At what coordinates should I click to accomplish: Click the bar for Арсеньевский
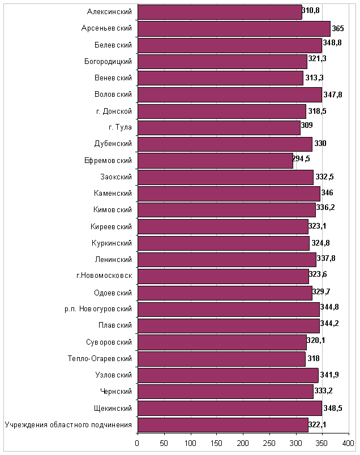234,29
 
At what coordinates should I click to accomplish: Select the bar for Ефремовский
216,161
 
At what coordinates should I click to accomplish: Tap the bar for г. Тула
219,128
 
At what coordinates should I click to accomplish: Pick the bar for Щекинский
230,408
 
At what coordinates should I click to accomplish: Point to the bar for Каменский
229,194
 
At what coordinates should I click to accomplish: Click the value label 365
338,28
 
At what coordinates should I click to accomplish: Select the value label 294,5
301,158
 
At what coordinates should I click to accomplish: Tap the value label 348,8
332,42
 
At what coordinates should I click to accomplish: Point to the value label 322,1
317,425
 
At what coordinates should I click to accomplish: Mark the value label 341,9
329,375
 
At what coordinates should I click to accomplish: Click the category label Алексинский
109,12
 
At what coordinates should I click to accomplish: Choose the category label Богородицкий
108,62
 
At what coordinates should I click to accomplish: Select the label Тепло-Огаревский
100,359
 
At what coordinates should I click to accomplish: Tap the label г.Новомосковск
104,276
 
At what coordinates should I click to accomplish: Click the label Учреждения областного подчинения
68,425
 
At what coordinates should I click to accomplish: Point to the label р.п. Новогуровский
98,309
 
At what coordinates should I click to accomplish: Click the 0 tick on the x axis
137,443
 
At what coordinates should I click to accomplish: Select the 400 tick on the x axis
348,443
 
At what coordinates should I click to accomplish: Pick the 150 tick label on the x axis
216,443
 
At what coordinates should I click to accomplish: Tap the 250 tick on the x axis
269,443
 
